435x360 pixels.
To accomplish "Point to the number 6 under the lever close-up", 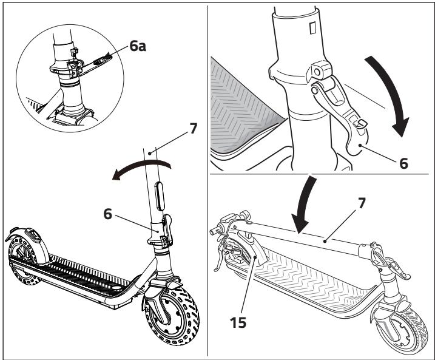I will (403, 163).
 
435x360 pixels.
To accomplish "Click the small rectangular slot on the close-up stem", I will (312, 28).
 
